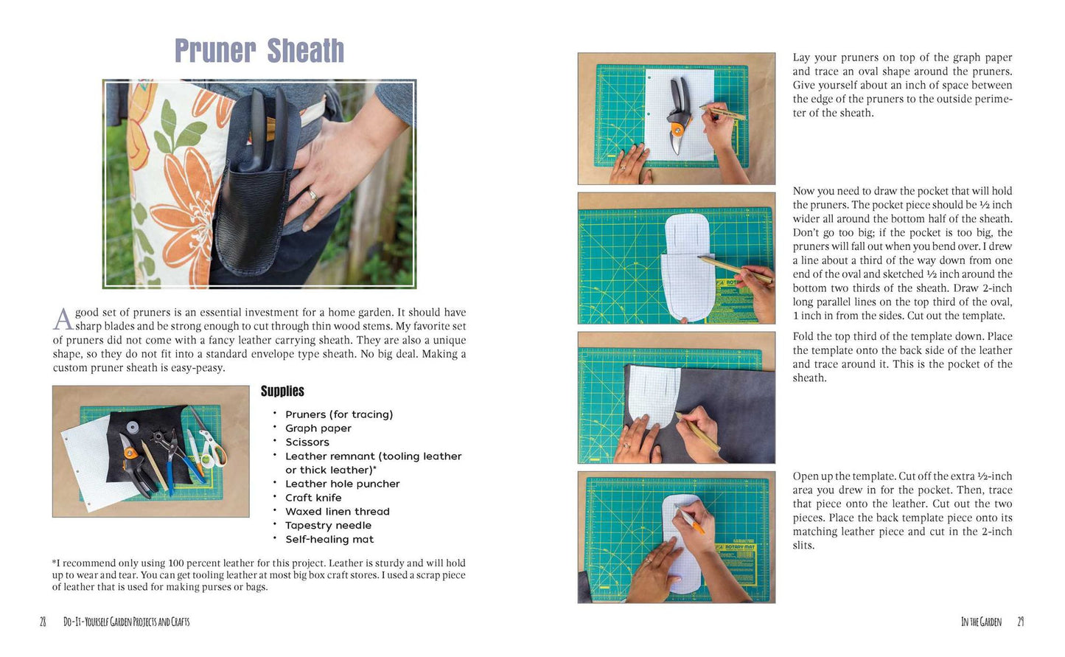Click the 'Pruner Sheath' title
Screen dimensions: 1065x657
click(x=259, y=51)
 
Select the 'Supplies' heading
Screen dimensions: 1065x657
click(x=282, y=391)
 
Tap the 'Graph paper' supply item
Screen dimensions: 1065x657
click(x=318, y=428)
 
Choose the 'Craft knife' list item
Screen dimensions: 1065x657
click(x=313, y=498)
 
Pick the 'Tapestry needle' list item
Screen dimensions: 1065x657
click(x=328, y=525)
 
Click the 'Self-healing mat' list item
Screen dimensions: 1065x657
click(x=329, y=540)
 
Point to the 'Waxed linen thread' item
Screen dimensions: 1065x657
click(x=337, y=512)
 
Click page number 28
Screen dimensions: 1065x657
click(x=43, y=622)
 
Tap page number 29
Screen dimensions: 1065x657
click(x=1020, y=622)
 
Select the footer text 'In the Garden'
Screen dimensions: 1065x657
click(x=981, y=622)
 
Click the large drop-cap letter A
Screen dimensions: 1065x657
click(x=63, y=319)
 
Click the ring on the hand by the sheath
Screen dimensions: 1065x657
click(x=312, y=195)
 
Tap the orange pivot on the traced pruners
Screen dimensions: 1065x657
click(x=677, y=128)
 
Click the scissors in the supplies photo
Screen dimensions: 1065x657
click(x=209, y=442)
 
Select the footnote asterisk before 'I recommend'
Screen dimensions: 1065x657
click(x=55, y=561)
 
